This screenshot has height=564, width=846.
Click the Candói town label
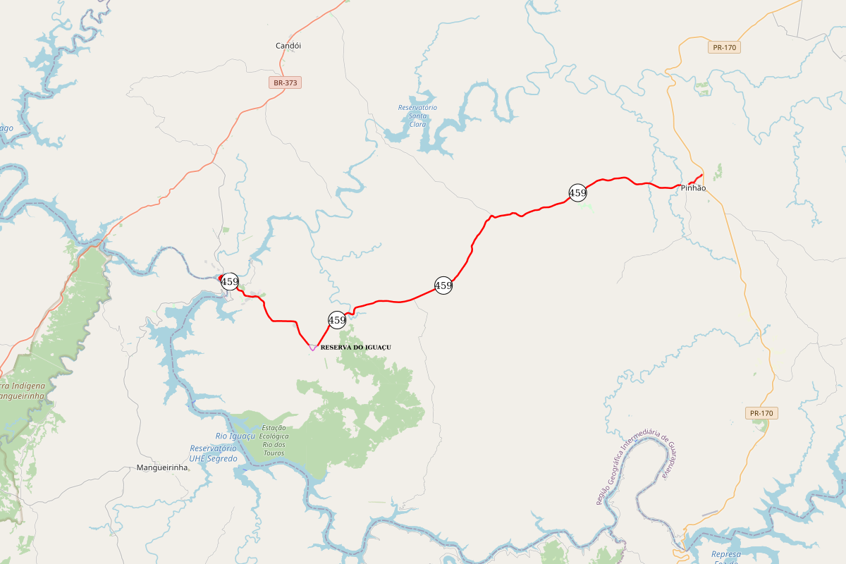(x=288, y=46)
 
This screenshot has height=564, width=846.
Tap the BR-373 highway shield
(x=286, y=82)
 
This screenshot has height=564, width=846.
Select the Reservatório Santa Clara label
(x=417, y=116)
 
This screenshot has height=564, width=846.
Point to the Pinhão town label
(x=693, y=188)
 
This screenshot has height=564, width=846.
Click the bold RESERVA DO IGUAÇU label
(x=355, y=348)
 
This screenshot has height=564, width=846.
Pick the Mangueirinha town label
(x=162, y=467)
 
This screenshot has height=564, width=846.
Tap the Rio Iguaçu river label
(x=235, y=436)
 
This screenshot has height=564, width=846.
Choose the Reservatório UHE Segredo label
(x=213, y=453)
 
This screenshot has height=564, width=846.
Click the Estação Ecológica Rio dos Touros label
(x=274, y=440)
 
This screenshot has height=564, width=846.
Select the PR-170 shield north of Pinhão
(x=724, y=48)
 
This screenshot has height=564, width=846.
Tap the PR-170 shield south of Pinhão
(x=761, y=413)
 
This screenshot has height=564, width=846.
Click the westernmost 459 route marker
(x=230, y=282)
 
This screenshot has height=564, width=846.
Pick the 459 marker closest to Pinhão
(x=577, y=192)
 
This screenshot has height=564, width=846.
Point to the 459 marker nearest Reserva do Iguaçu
(x=337, y=320)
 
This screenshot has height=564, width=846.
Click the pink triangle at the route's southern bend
(x=312, y=347)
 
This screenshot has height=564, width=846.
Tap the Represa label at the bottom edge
(x=725, y=555)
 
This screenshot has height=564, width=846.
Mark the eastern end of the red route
(x=702, y=175)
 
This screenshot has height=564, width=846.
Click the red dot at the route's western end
(x=221, y=277)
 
